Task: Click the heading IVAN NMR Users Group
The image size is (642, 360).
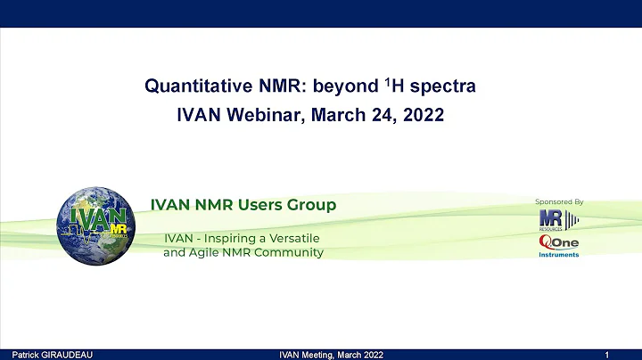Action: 243,205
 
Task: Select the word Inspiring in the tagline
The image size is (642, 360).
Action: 230,238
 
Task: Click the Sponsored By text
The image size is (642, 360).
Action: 559,201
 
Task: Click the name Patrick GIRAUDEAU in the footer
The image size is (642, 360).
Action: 45,355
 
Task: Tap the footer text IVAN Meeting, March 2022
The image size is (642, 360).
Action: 328,355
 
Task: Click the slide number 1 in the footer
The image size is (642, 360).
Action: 606,355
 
